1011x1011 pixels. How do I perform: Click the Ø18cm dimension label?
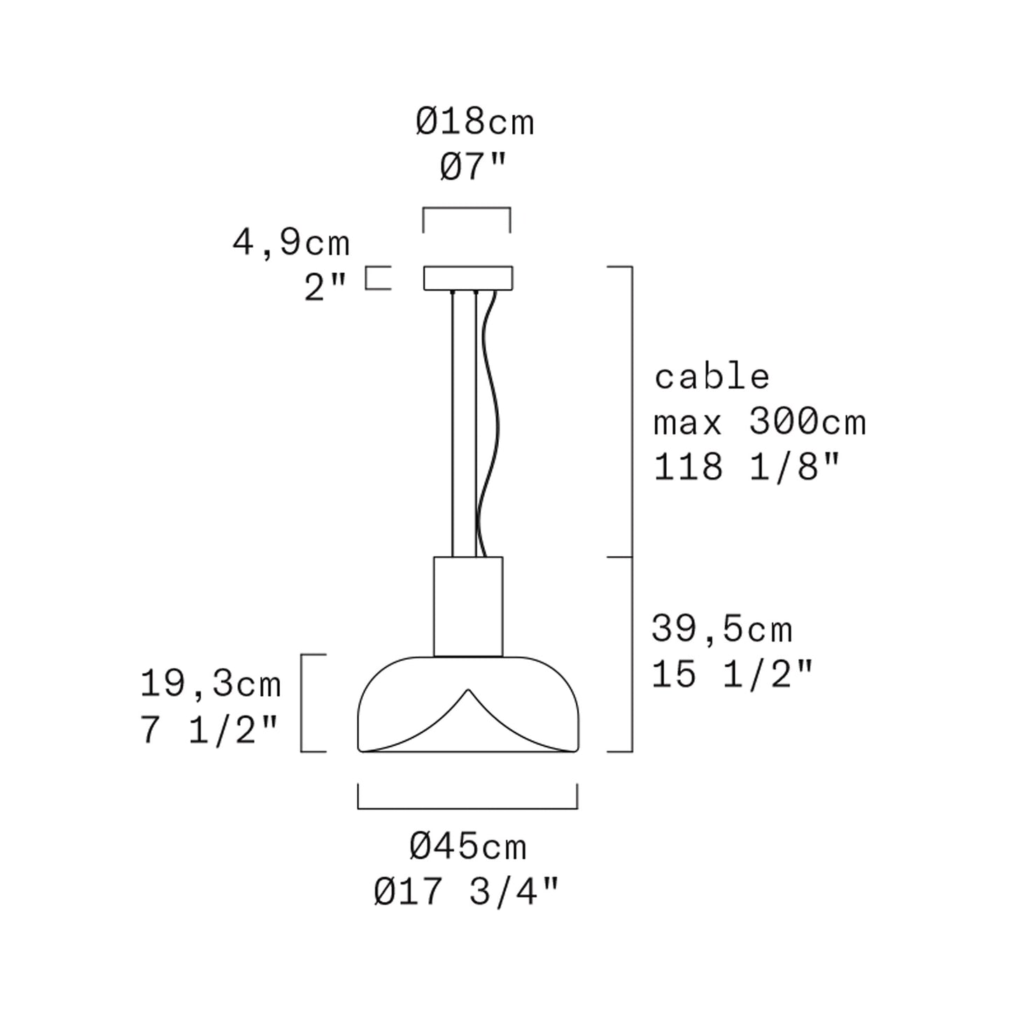[475, 122]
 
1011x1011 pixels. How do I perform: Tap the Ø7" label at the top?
[474, 167]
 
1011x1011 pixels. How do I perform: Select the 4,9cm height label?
[291, 243]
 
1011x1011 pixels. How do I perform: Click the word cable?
[712, 376]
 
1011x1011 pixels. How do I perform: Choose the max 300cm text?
[760, 421]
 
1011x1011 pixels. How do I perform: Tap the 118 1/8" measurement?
[747, 467]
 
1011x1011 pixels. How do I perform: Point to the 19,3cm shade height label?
[211, 685]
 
